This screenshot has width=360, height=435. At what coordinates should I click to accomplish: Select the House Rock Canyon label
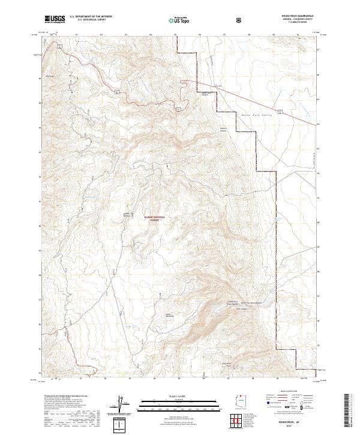tap(206, 93)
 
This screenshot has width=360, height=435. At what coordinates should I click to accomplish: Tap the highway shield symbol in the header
tap(239, 20)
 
